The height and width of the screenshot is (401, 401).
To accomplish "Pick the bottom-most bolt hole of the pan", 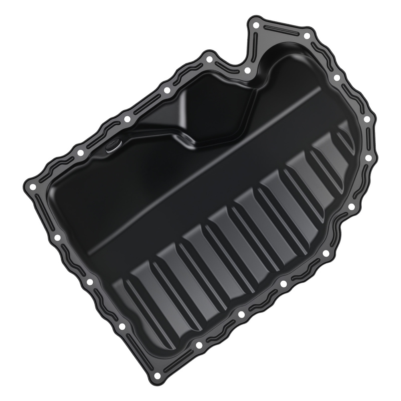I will pyautogui.click(x=157, y=376).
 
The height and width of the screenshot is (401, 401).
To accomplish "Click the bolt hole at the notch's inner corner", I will pyautogui.click(x=247, y=71).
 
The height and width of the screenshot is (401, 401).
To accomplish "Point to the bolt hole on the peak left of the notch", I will pyautogui.click(x=209, y=60).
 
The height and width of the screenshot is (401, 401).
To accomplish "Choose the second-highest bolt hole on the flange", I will pyautogui.click(x=307, y=36).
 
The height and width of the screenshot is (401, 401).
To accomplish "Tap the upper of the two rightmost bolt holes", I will pyautogui.click(x=366, y=119).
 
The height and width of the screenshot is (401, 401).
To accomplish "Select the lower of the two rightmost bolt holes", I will pyautogui.click(x=368, y=158).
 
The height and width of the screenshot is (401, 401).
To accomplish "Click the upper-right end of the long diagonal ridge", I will pyautogui.click(x=319, y=89).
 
